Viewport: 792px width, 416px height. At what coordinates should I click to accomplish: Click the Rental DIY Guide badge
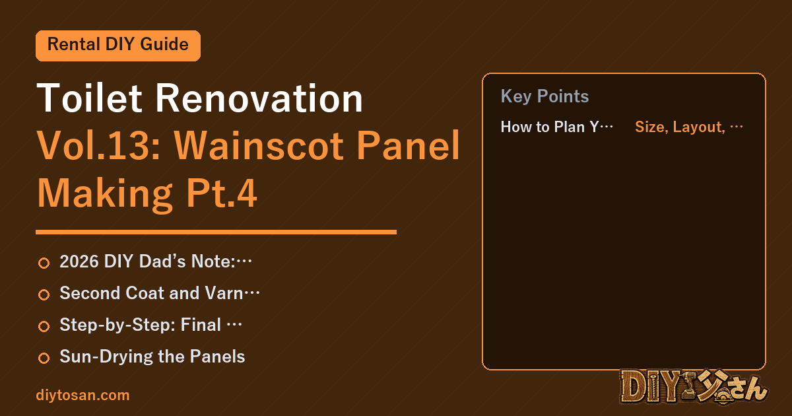pos(118,46)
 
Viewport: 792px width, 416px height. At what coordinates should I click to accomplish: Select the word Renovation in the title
pos(259,98)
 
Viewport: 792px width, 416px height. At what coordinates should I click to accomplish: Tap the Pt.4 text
pos(222,193)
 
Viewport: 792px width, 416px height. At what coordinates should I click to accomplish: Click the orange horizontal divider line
pos(216,232)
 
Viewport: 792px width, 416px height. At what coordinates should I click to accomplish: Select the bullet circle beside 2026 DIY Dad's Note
pos(44,263)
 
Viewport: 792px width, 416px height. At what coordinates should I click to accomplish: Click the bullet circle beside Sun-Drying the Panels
pos(44,358)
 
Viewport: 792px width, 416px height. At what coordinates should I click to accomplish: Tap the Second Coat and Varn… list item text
pos(160,293)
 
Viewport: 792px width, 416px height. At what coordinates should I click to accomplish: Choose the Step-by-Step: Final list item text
pos(150,325)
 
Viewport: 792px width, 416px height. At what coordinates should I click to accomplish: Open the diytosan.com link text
pos(82,395)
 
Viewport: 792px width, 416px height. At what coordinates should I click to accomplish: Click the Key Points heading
pos(545,96)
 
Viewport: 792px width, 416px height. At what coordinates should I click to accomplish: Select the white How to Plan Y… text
pos(557,127)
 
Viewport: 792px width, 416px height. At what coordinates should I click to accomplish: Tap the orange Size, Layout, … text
pos(689,127)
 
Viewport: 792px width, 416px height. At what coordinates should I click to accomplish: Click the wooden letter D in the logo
pos(635,387)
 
